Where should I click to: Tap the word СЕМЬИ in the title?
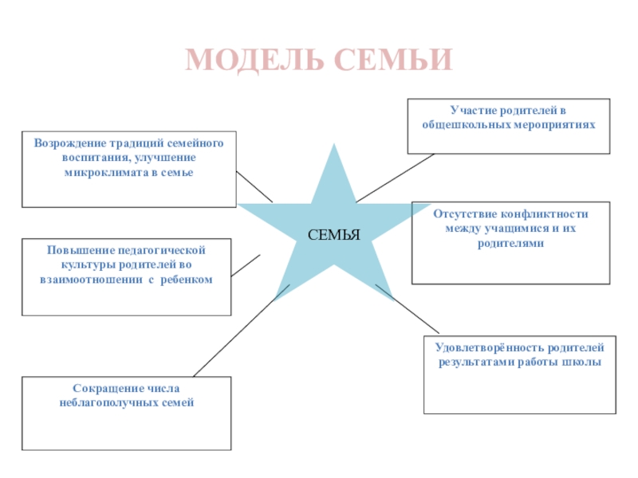(393, 61)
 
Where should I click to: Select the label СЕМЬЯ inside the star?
(334, 235)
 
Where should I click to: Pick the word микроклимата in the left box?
(107, 172)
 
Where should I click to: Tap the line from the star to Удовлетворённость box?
(408, 310)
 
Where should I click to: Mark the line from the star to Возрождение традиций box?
(255, 187)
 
